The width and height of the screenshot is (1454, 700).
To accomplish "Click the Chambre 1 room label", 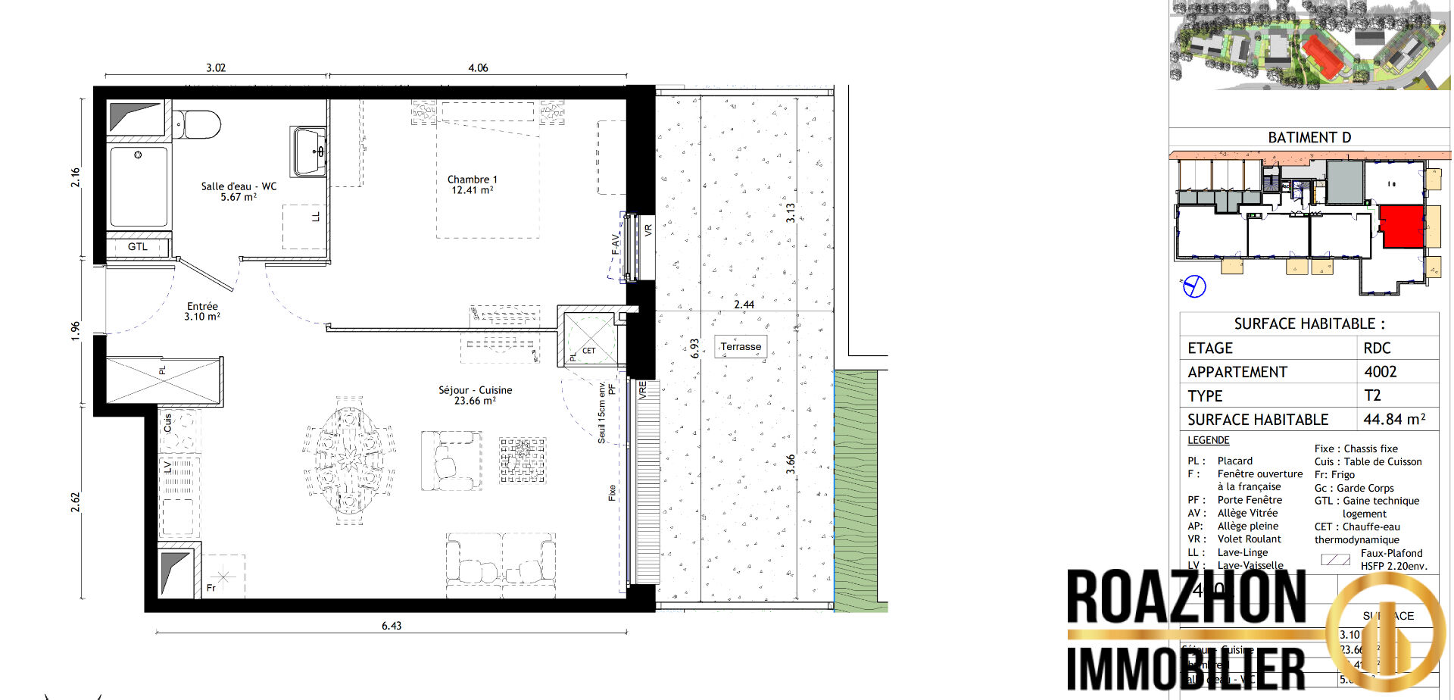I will click(472, 185).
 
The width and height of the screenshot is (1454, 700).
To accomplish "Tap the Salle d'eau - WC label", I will click(239, 191).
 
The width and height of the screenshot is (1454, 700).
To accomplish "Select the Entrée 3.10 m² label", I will click(202, 311).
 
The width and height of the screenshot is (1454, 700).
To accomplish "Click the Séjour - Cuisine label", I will click(475, 395).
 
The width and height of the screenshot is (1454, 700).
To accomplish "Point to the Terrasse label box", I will click(741, 347).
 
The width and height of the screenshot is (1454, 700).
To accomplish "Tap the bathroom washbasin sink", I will click(309, 152).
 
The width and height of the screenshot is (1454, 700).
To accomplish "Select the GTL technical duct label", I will click(138, 247).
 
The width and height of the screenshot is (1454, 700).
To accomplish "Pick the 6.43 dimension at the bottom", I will click(392, 626).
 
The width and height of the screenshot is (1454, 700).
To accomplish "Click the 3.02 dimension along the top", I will click(216, 67).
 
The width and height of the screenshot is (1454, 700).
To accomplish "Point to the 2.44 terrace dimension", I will click(744, 305).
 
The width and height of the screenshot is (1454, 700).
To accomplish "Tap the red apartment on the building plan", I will click(1402, 226).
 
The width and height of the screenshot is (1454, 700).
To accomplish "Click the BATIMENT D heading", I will click(1309, 137).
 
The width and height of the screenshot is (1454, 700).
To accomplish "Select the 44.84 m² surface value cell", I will click(1394, 419).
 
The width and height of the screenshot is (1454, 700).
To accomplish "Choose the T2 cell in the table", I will click(1372, 395).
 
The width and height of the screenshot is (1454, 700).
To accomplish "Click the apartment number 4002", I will click(1380, 371).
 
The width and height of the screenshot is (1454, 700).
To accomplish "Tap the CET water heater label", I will click(588, 351).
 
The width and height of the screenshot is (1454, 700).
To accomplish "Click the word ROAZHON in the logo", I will click(1186, 598).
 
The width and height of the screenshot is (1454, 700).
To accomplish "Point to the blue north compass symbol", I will click(1194, 286).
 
